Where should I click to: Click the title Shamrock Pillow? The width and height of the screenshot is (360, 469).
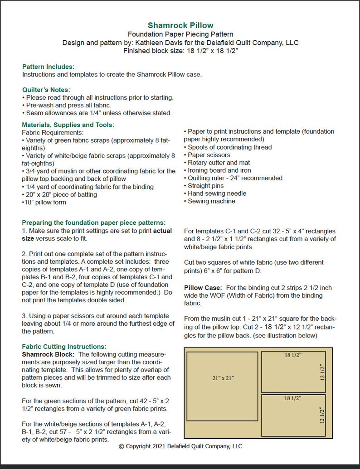click(x=180, y=25)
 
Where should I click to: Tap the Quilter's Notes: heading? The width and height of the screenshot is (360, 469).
click(x=46, y=90)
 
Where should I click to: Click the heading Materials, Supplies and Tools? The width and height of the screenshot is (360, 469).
click(x=68, y=125)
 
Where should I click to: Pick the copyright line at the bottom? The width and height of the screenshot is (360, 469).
click(x=180, y=446)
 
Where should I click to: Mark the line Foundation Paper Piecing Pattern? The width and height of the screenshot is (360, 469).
click(x=180, y=34)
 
